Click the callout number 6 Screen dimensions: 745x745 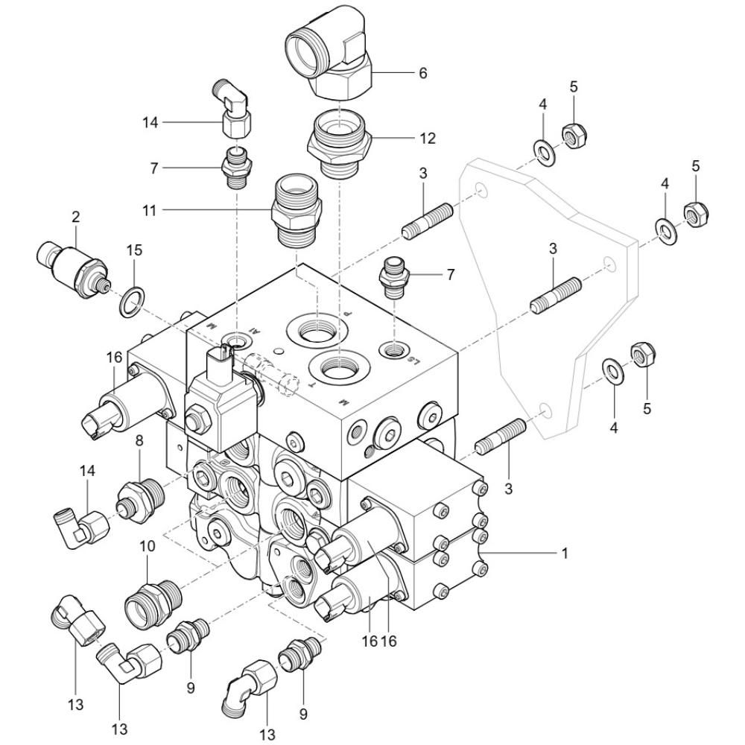[423, 73]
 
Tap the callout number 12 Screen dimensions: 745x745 [427, 139]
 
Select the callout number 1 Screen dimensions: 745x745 [565, 554]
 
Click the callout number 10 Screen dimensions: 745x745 [148, 546]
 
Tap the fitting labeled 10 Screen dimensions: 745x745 [153, 600]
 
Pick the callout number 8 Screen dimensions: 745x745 [139, 440]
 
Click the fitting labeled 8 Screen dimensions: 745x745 [140, 501]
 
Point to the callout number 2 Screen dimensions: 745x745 [76, 217]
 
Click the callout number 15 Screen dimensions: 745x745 [134, 250]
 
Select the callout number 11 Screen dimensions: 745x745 [149, 210]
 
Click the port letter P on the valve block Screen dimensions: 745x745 [347, 314]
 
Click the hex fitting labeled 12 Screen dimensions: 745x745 [339, 148]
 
